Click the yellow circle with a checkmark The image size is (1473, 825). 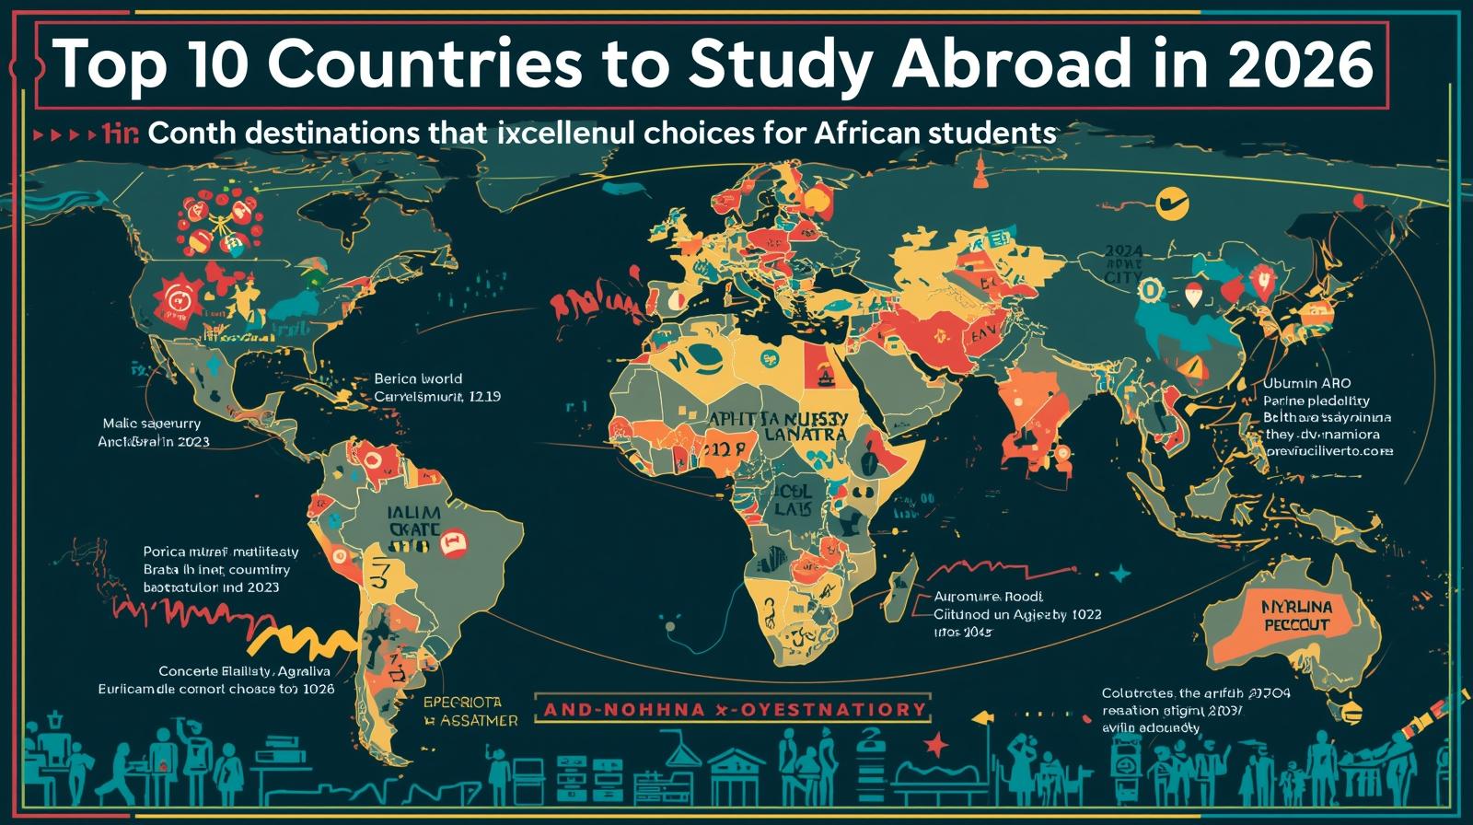[1171, 203]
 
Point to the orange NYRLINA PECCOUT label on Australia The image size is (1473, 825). [1296, 615]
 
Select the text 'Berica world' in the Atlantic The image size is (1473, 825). [418, 378]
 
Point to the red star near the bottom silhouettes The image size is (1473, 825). [936, 742]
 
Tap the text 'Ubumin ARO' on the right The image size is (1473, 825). [1307, 383]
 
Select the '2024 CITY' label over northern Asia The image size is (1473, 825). [1122, 263]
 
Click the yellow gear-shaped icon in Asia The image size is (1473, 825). [1152, 291]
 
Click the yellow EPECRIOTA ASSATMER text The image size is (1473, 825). [470, 711]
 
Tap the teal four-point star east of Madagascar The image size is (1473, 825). [1119, 575]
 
